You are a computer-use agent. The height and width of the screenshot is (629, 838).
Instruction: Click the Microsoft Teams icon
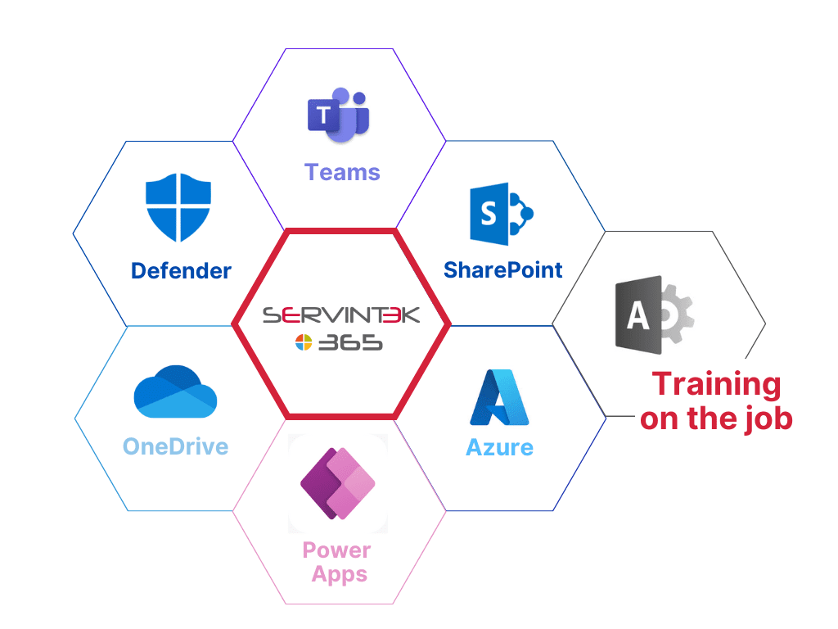pyautogui.click(x=338, y=115)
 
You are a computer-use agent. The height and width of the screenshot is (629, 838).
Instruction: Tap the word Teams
pyautogui.click(x=342, y=172)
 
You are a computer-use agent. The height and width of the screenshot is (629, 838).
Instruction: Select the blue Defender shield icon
pyautogui.click(x=178, y=207)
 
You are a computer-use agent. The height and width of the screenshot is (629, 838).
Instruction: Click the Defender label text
pyautogui.click(x=181, y=270)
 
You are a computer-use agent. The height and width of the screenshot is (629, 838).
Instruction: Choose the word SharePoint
pyautogui.click(x=503, y=269)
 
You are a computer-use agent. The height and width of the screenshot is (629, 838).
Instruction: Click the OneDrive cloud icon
pyautogui.click(x=175, y=392)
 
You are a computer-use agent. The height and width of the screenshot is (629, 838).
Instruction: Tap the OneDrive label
pyautogui.click(x=175, y=446)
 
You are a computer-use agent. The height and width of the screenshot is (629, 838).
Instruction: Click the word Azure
pyautogui.click(x=499, y=447)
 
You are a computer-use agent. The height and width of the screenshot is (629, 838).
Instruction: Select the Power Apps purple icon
pyautogui.click(x=337, y=484)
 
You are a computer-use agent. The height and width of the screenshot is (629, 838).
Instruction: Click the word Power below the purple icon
pyautogui.click(x=336, y=550)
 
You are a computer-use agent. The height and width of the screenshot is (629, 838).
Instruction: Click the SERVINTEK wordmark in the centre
pyautogui.click(x=341, y=315)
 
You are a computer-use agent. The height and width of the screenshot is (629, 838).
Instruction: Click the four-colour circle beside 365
pyautogui.click(x=304, y=344)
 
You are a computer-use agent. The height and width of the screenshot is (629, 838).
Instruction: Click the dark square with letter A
pyautogui.click(x=638, y=315)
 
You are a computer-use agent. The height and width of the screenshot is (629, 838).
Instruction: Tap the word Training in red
pyautogui.click(x=716, y=383)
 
